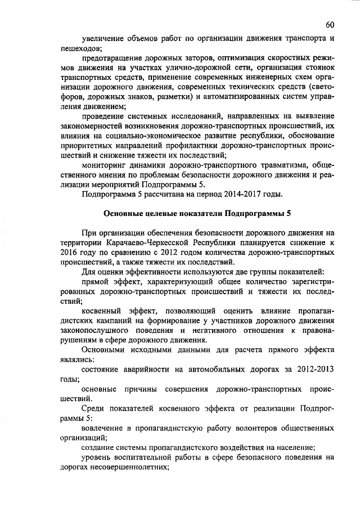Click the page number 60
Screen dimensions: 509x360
[330, 25]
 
